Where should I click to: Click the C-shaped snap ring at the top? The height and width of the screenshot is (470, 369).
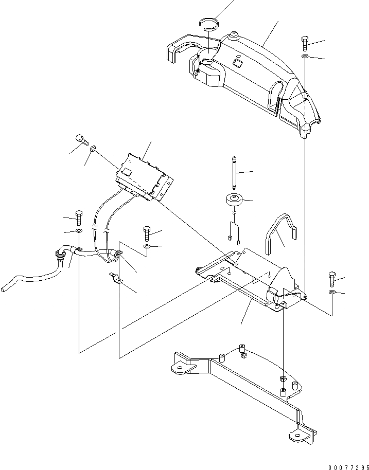click(x=209, y=23)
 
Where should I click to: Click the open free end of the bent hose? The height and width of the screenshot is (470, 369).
click(x=4, y=291)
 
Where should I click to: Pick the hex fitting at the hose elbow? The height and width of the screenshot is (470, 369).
click(x=59, y=252)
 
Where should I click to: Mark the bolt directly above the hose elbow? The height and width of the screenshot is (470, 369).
click(x=79, y=218)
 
